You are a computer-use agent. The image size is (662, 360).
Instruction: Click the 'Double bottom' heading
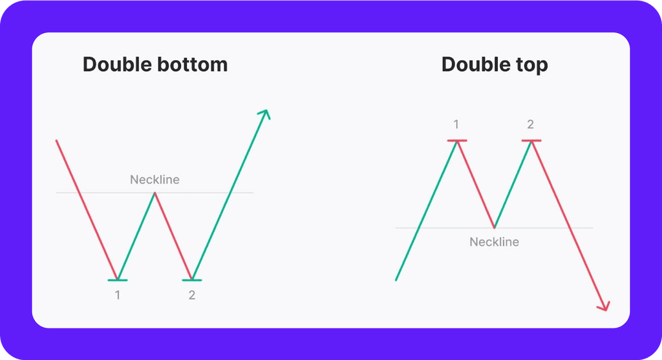(155, 65)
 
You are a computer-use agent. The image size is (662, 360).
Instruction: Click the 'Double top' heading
(495, 65)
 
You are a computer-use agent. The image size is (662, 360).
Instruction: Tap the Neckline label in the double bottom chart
(155, 180)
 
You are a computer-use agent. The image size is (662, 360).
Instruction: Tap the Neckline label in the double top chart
(494, 242)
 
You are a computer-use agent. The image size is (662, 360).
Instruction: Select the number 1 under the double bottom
(118, 295)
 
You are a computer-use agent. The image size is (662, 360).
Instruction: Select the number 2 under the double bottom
(192, 295)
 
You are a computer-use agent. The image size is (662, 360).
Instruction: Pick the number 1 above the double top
(457, 125)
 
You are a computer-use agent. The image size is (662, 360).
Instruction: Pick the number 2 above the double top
(531, 125)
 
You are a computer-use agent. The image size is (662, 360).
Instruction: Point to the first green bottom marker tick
(118, 280)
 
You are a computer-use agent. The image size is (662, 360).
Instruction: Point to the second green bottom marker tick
(192, 280)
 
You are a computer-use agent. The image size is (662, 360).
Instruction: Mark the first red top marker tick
(457, 140)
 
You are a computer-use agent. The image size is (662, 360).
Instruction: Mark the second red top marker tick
(531, 140)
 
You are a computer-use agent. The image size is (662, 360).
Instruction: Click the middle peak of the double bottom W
(155, 193)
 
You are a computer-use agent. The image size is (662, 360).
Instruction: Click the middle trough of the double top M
(494, 228)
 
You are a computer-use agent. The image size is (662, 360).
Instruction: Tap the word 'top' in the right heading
(532, 65)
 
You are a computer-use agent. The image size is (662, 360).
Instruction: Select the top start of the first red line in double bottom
(57, 140)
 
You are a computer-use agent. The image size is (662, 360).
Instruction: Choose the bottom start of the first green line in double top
(396, 280)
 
